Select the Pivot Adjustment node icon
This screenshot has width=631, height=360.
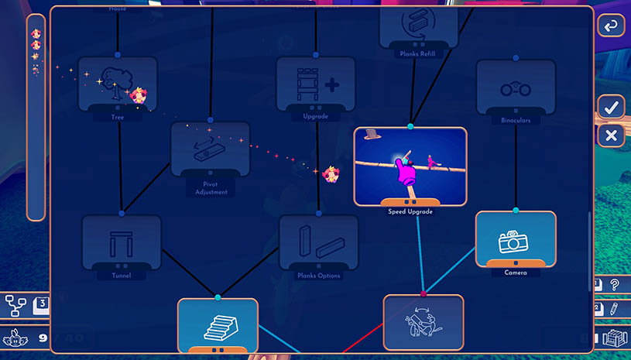(210, 147)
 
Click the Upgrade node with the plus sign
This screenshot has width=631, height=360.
(315, 83)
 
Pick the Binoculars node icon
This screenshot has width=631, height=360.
(516, 87)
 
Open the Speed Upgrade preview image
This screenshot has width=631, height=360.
(410, 166)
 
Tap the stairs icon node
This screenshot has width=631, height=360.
(218, 324)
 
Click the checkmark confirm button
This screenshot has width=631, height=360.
(611, 107)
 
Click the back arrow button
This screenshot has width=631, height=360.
(611, 26)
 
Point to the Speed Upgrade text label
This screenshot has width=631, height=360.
(410, 211)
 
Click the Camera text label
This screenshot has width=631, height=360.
(515, 273)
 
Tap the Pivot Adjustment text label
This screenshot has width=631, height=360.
(211, 188)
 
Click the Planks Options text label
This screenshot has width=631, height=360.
(319, 276)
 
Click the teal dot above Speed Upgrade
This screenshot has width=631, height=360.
(410, 125)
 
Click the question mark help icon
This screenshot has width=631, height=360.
(615, 284)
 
